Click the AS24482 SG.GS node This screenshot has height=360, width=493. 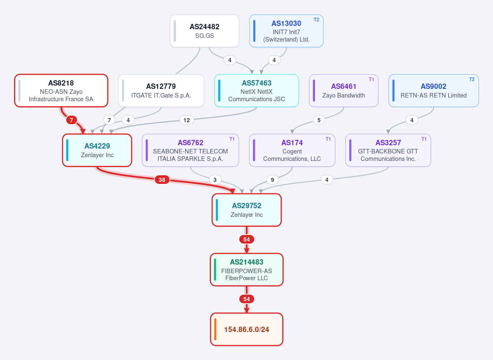(x=204, y=31)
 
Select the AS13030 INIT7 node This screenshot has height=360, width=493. (x=287, y=31)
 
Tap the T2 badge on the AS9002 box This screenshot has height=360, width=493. (x=472, y=79)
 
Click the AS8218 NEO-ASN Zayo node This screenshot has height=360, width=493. (x=61, y=91)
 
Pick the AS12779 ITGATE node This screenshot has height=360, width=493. (x=161, y=91)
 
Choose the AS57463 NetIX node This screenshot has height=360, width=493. (x=257, y=91)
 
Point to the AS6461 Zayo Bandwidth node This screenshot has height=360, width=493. (x=344, y=91)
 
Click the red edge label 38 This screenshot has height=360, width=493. (x=162, y=180)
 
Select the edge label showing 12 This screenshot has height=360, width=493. (x=186, y=120)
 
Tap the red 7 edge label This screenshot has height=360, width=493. (x=72, y=120)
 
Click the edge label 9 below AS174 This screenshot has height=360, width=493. (x=272, y=180)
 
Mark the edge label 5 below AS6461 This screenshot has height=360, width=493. (x=319, y=120)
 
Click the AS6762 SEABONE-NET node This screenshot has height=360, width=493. (x=190, y=151)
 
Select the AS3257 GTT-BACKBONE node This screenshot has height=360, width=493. (x=388, y=151)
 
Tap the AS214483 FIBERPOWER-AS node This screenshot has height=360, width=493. (x=247, y=269)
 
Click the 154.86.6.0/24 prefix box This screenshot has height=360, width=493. (x=247, y=330)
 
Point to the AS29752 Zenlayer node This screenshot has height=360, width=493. (x=247, y=210)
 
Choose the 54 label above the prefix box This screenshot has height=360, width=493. (x=247, y=299)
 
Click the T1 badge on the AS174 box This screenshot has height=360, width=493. (x=328, y=139)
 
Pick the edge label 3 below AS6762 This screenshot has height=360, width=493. (x=215, y=180)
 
